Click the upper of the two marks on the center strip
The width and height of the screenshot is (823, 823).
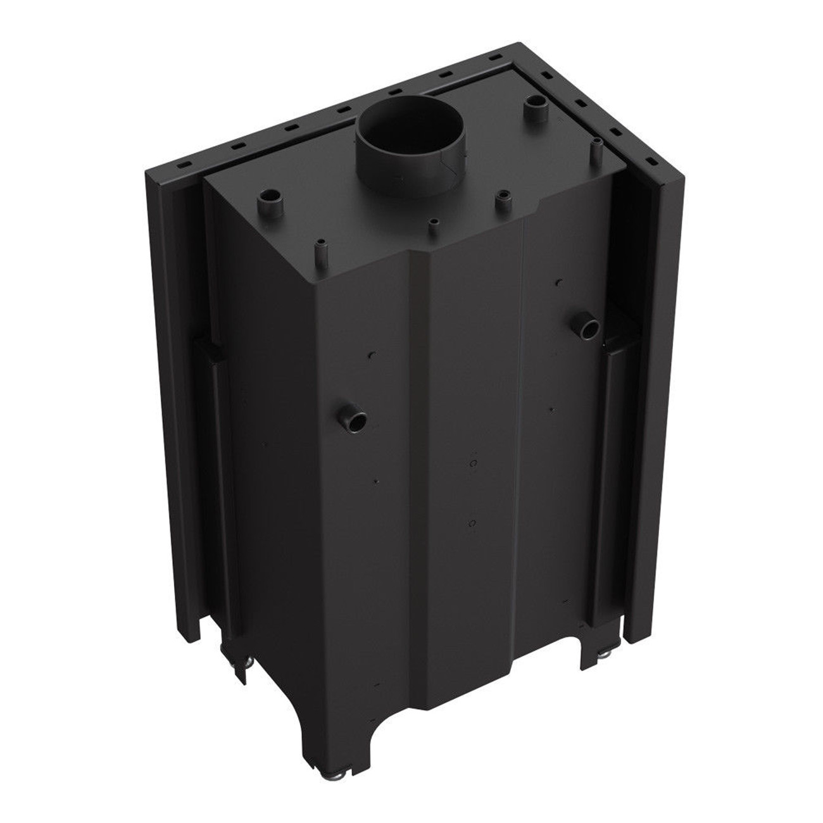tap(472, 463)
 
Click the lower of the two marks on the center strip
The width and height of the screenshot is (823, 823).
tap(472, 523)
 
